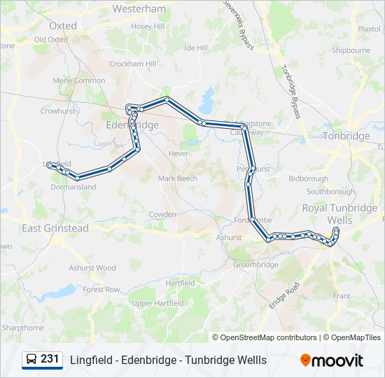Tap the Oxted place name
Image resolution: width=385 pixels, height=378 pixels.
tap(63, 25)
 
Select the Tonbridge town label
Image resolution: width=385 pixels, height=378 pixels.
tap(346, 136)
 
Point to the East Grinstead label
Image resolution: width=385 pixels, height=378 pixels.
tap(55, 228)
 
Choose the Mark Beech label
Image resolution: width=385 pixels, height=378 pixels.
tap(178, 178)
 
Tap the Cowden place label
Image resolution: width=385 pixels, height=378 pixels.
tap(162, 214)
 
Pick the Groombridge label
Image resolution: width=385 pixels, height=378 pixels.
tap(255, 265)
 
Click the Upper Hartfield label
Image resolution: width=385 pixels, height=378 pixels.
tap(157, 303)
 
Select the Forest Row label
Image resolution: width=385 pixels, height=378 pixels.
tap(101, 289)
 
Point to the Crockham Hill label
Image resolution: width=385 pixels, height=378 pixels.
tap(132, 64)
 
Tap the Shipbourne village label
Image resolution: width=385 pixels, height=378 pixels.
tap(351, 50)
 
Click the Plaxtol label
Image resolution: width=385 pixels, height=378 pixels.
tap(369, 29)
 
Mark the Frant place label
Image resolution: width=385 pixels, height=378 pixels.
tap(342, 296)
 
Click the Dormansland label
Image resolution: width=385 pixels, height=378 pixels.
tap(73, 187)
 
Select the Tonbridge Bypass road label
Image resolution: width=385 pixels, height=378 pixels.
tap(291, 92)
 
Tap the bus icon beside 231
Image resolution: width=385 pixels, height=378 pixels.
tap(31, 360)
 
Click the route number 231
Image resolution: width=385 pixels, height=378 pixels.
tap(50, 359)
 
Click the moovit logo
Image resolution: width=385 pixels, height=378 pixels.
tap(332, 360)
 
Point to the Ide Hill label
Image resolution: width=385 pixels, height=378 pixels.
tap(196, 48)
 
